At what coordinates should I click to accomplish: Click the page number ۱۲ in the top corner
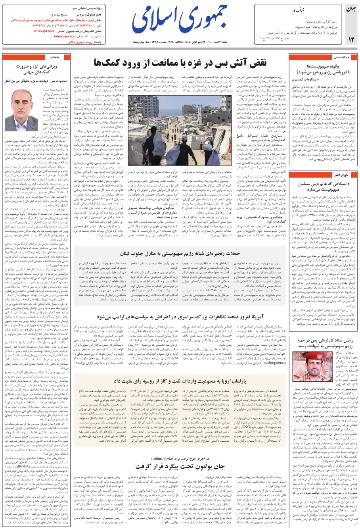click(351, 39)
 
